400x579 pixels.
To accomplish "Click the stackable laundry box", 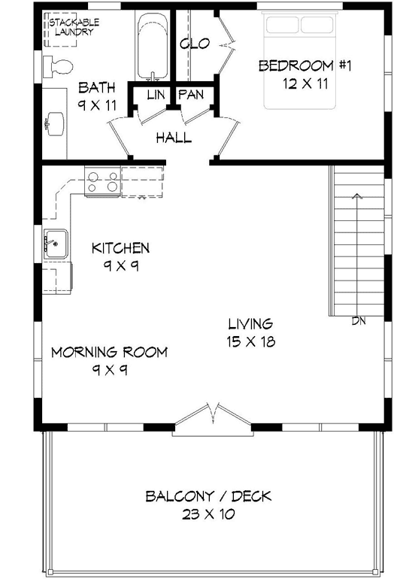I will click(x=71, y=29).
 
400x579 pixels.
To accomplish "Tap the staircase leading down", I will click(x=358, y=241).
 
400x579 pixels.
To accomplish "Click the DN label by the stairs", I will click(x=359, y=321).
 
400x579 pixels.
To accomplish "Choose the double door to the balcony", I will click(x=211, y=419).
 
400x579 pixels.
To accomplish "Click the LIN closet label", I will click(x=156, y=95).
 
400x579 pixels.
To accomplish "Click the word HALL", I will click(x=174, y=138).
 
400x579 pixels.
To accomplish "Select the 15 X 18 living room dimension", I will click(x=251, y=341).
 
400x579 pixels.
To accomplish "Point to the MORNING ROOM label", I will click(x=109, y=352).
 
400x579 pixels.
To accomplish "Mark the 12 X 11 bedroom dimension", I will click(x=305, y=83).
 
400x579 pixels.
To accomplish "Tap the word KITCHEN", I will click(x=120, y=247).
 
